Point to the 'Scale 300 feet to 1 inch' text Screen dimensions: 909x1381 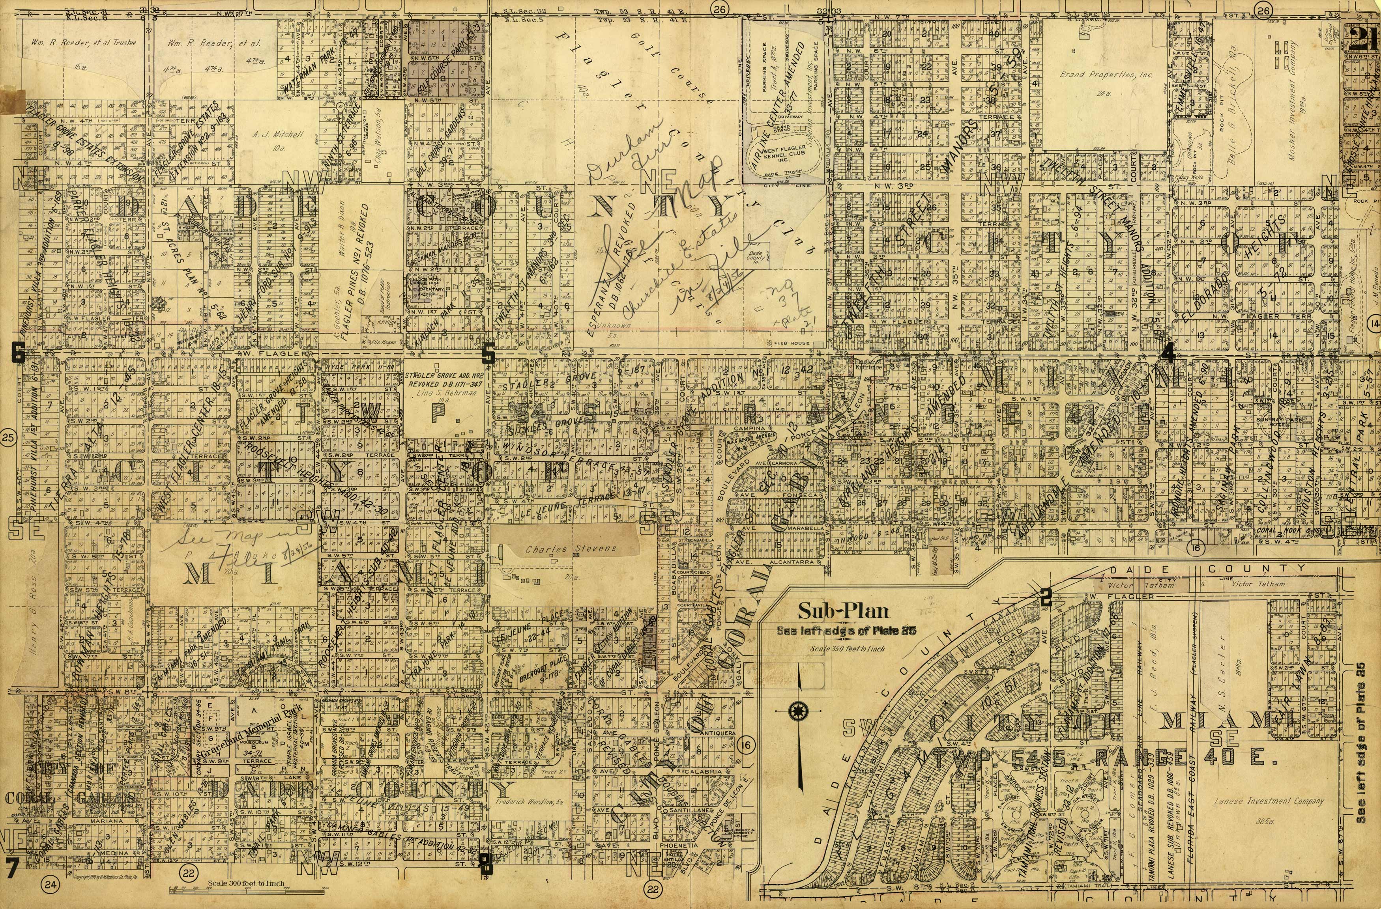pyautogui.click(x=247, y=883)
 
